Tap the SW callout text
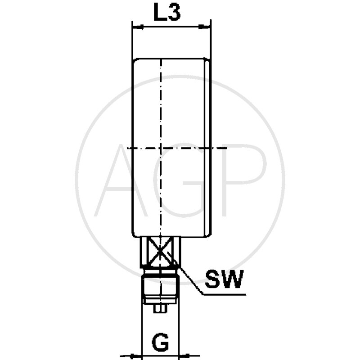point(224,279)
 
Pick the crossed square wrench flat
point(160,252)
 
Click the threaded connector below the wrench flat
point(160,288)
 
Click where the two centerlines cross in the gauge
point(160,148)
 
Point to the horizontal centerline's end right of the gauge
point(225,148)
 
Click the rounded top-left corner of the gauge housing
point(135,61)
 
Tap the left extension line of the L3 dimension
point(131,40)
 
